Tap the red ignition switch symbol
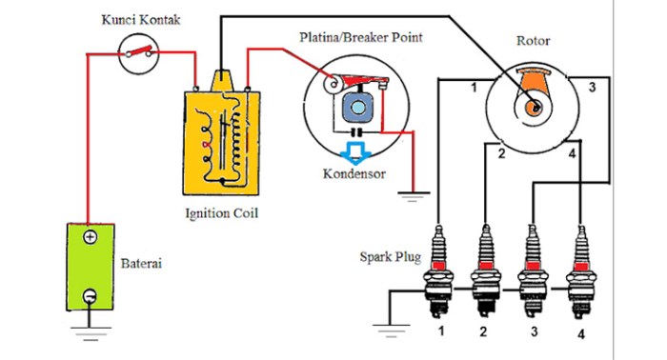pos(141,53)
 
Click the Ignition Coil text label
pos(221,212)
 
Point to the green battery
pos(90,267)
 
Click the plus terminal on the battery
pos(90,237)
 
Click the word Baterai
pos(141,262)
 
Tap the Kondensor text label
pos(354,174)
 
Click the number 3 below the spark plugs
pos(535,332)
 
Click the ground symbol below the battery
pos(90,331)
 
